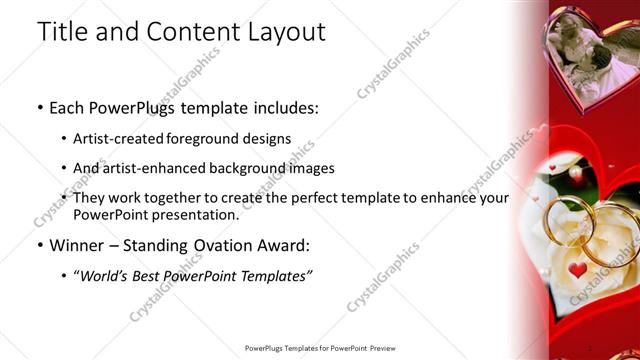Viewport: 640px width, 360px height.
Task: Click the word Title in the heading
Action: click(60, 32)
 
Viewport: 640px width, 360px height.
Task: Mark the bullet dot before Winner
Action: click(39, 246)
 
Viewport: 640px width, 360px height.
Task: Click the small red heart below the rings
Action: click(578, 270)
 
